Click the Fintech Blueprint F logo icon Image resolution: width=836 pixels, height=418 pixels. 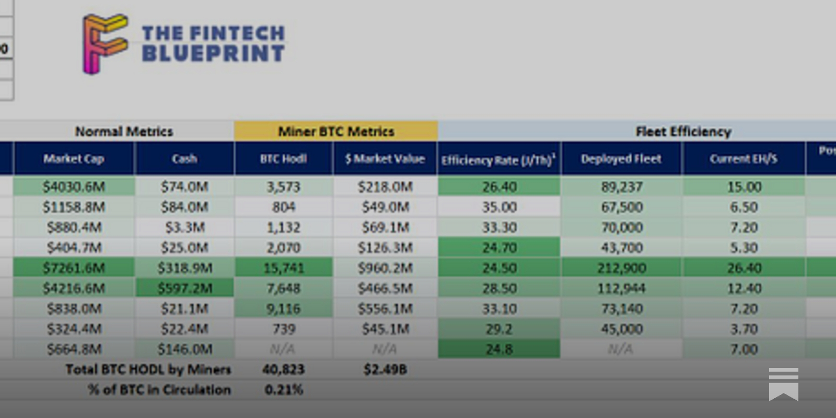coord(104,43)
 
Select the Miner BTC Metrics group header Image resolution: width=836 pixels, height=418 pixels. coord(335,131)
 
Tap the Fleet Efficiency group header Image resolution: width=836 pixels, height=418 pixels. coord(683,131)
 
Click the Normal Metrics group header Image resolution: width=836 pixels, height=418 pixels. coord(124,131)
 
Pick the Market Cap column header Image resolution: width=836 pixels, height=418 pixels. coord(74,159)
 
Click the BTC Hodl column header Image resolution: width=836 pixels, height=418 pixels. coord(283,159)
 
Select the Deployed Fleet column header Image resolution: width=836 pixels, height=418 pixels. coord(621,159)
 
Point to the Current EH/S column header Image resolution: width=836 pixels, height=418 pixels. coord(743,159)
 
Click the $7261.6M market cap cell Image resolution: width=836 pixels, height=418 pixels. coord(74,268)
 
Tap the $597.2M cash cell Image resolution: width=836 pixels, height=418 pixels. coord(184,288)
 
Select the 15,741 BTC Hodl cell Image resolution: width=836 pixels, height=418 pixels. coord(283,268)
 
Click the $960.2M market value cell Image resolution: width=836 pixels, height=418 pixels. coord(385,268)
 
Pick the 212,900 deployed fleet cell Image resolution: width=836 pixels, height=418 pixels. coord(621,268)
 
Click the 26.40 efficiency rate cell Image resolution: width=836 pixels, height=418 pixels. coord(499,187)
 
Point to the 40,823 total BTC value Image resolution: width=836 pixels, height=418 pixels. coord(283,369)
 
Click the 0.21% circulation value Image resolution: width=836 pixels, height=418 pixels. coord(283,390)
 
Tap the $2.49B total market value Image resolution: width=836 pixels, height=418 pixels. coord(385,369)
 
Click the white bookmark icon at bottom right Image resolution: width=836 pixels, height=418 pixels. coord(783,384)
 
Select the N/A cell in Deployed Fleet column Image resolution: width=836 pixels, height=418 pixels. coord(621,349)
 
